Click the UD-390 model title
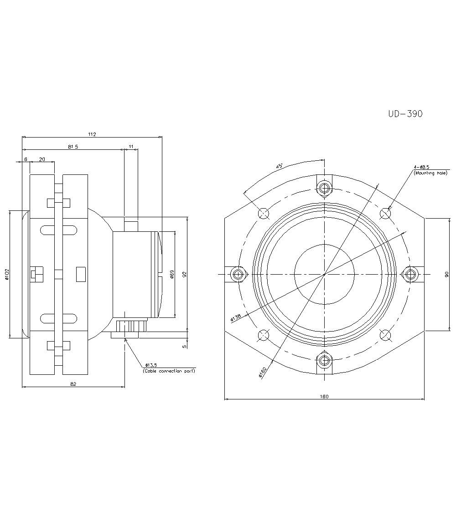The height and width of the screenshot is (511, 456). coord(405,114)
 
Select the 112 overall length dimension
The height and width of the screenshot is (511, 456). coord(92,134)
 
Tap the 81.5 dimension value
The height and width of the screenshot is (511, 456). coord(73,147)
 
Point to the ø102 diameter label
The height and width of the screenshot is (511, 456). coord(7,274)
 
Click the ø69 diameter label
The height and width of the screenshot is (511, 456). coord(171,274)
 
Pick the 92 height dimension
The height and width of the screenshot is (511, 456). coord(184,274)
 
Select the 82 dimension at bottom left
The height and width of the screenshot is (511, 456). coord(73,384)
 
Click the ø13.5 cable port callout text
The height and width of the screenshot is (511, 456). coord(150,365)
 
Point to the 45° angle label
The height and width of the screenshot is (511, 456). coord(280,167)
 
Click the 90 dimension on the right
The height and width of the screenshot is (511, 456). coord(447,274)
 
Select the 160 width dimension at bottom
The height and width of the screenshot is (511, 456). coord(324,396)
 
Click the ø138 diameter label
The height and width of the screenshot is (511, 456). coord(236,317)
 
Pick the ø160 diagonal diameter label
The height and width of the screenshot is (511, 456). coord(262,372)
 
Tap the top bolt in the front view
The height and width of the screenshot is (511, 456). coord(324,188)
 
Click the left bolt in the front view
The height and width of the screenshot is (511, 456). coord(238,274)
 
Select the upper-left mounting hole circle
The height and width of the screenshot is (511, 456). coord(263,213)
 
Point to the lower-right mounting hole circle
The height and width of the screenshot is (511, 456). coord(385,335)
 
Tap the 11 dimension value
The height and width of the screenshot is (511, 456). coord(131,147)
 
